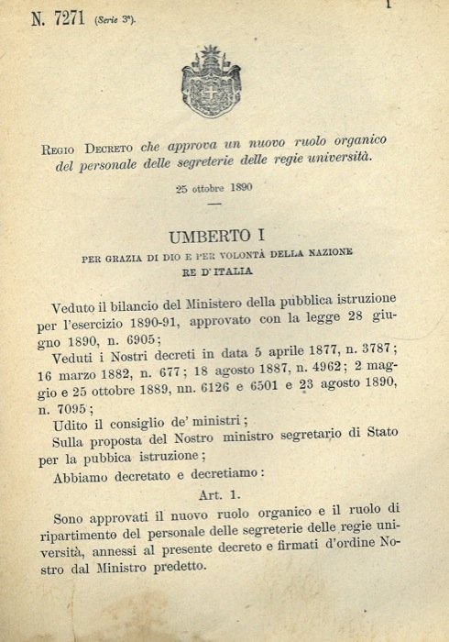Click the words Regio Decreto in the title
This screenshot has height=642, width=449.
pyautogui.click(x=87, y=148)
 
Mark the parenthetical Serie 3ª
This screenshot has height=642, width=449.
pyautogui.click(x=115, y=22)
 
